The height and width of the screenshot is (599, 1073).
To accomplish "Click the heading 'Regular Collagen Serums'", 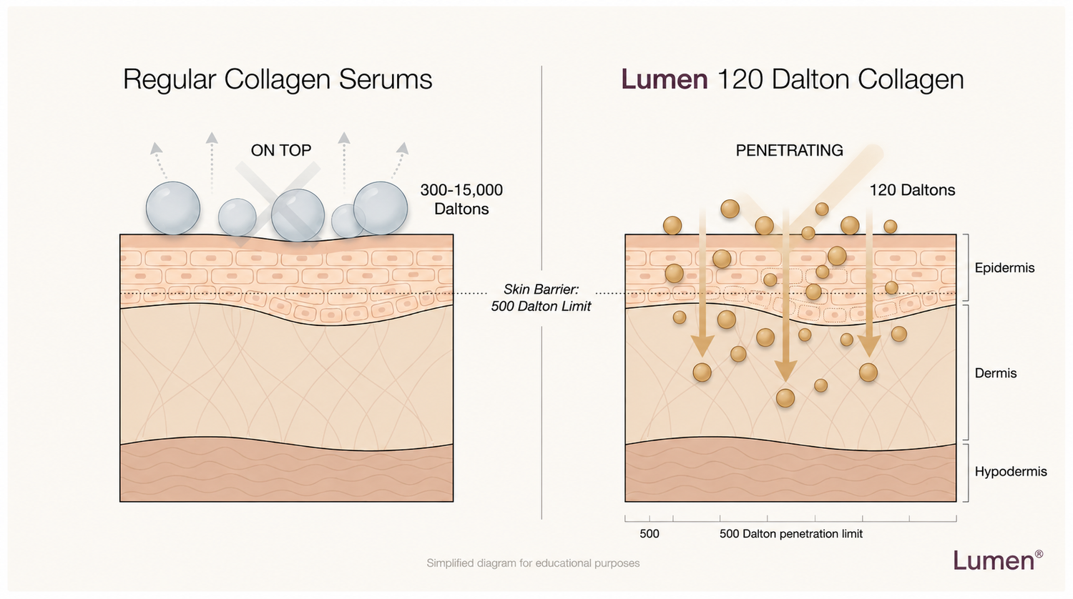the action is pyautogui.click(x=278, y=79).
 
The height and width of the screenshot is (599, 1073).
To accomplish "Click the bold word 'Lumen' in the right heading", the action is pyautogui.click(x=664, y=79).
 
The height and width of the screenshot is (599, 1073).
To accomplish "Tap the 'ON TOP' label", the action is pyautogui.click(x=281, y=150).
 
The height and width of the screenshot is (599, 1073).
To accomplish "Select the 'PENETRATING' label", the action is pyautogui.click(x=789, y=150).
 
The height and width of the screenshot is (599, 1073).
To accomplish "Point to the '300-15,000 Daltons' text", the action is pyautogui.click(x=461, y=199).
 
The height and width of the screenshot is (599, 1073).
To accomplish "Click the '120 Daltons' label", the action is pyautogui.click(x=912, y=190).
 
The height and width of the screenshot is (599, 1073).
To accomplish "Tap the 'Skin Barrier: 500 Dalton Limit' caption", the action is pyautogui.click(x=541, y=298).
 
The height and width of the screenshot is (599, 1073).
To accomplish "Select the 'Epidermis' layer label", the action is pyautogui.click(x=1004, y=267).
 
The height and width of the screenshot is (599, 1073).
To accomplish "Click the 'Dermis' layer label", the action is pyautogui.click(x=996, y=373).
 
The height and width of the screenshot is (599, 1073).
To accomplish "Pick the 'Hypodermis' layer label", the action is pyautogui.click(x=1011, y=472).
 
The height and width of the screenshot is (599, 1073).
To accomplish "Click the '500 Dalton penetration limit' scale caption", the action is pyautogui.click(x=791, y=534).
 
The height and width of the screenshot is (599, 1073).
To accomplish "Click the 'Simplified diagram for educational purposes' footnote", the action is pyautogui.click(x=533, y=563).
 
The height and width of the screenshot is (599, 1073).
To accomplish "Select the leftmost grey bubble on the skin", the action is pyautogui.click(x=173, y=208).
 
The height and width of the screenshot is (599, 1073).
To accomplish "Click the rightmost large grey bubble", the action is pyautogui.click(x=381, y=208).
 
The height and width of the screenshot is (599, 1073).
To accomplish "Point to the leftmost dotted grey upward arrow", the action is pyautogui.click(x=160, y=161).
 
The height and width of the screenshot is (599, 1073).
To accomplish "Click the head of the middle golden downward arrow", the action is pyautogui.click(x=785, y=372).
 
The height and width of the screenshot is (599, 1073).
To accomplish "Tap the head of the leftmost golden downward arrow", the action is pyautogui.click(x=702, y=347).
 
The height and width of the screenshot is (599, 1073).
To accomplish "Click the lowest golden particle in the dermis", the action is pyautogui.click(x=785, y=398).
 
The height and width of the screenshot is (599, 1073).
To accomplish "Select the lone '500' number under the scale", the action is pyautogui.click(x=649, y=534).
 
